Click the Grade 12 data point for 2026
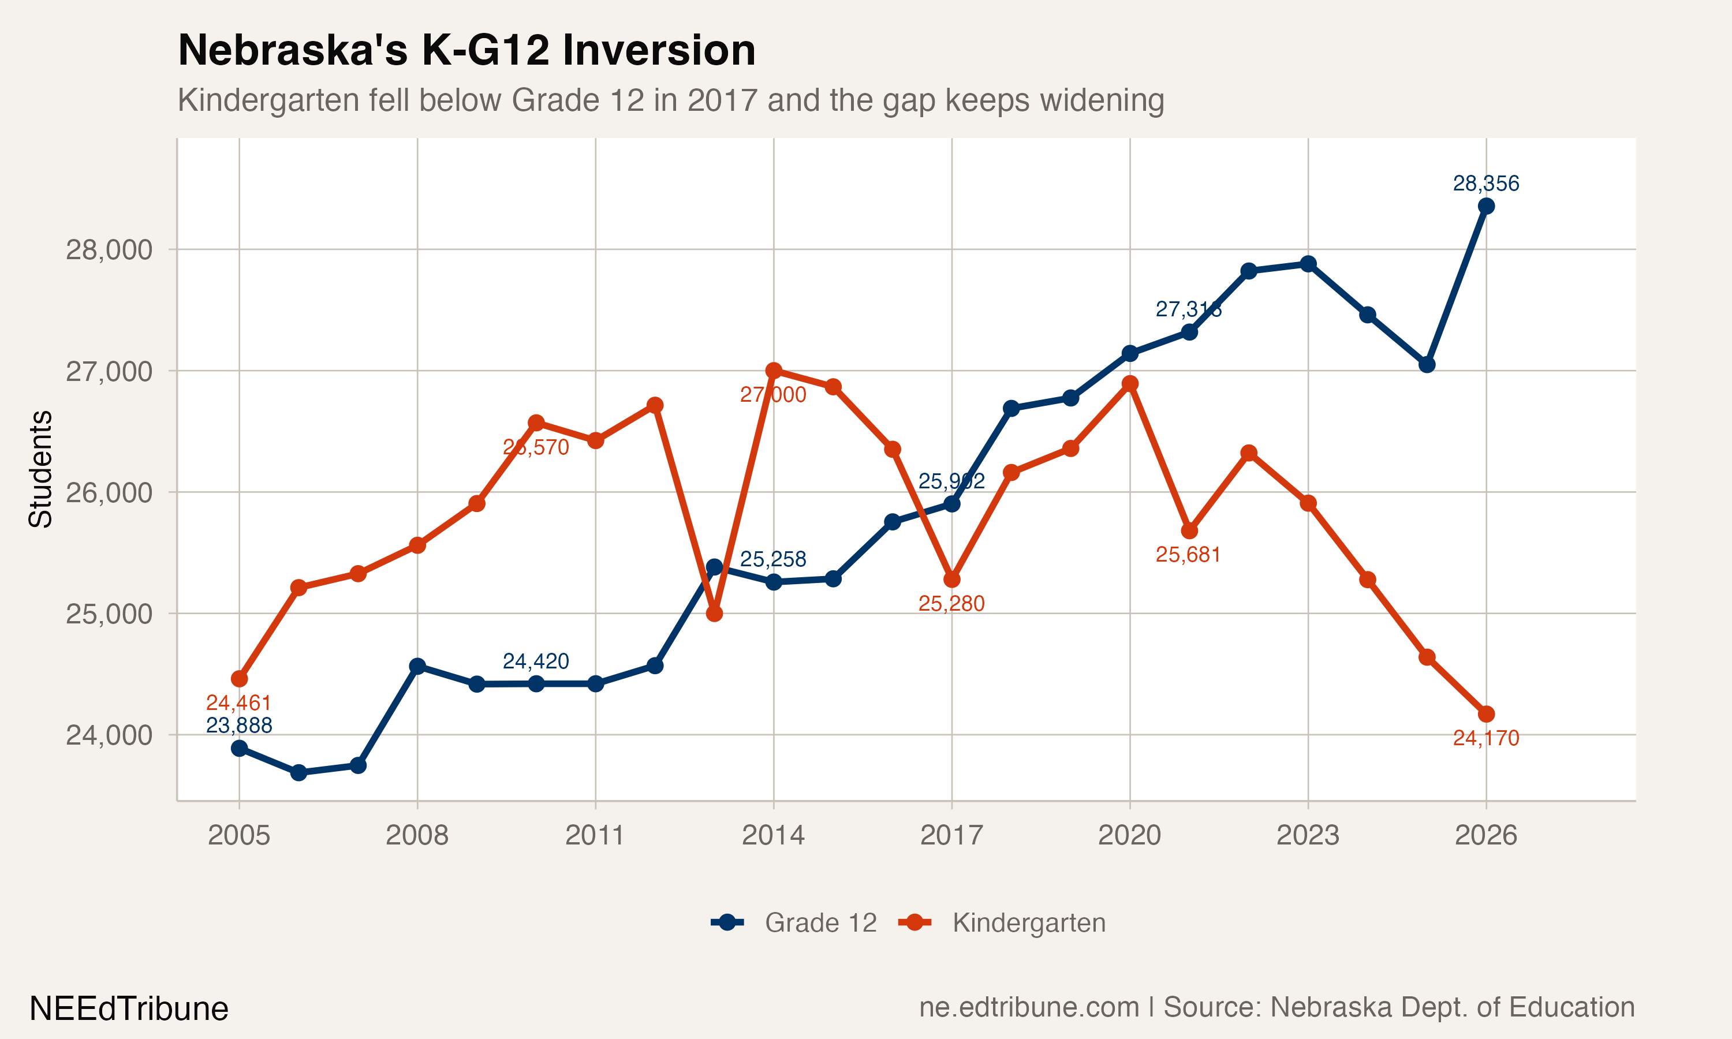(x=1485, y=206)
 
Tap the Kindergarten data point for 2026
(x=1485, y=714)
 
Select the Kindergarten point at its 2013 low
(x=714, y=614)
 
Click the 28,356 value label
(x=1485, y=184)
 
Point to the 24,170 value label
(x=1485, y=738)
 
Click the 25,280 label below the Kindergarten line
(x=951, y=604)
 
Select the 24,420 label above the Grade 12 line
(x=536, y=661)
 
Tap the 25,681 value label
(x=1188, y=555)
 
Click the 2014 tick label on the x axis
(x=773, y=835)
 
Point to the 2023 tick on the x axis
(x=1307, y=835)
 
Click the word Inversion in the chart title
(x=659, y=50)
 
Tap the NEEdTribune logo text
(x=129, y=1009)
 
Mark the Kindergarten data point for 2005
(x=240, y=679)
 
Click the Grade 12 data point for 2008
(x=417, y=666)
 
